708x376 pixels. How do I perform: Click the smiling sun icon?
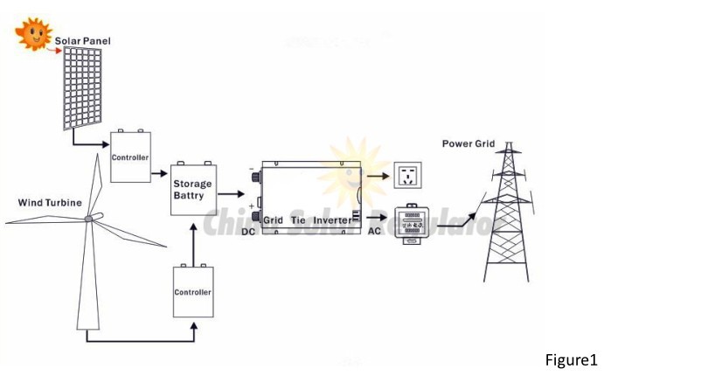(33, 33)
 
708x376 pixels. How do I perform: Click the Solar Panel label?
(83, 40)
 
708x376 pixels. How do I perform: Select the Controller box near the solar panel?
(130, 157)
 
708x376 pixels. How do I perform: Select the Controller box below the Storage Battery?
(192, 291)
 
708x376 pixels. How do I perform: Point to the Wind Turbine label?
(50, 203)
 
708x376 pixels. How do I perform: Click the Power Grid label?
(468, 143)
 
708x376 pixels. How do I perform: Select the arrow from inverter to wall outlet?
(374, 178)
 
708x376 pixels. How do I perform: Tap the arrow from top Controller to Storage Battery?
(160, 173)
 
